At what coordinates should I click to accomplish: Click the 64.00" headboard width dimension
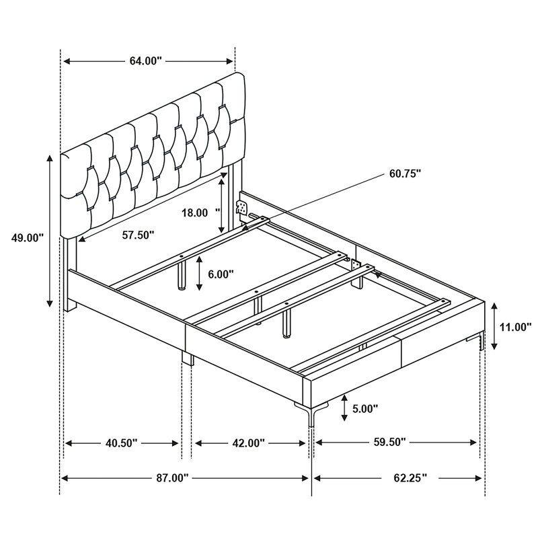[x=145, y=61]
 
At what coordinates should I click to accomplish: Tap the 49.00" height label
[x=28, y=237]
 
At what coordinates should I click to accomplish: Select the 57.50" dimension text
[x=139, y=235]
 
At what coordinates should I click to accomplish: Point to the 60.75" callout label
[x=405, y=174]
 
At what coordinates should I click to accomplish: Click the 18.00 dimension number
[x=194, y=213]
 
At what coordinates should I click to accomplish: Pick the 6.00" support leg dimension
[x=221, y=274]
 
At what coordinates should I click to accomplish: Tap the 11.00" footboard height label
[x=515, y=327]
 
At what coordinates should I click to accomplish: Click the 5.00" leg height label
[x=365, y=409]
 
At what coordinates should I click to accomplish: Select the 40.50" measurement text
[x=122, y=443]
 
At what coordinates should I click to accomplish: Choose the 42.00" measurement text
[x=249, y=443]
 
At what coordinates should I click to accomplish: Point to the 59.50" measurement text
[x=390, y=442]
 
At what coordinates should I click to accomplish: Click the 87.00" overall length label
[x=173, y=478]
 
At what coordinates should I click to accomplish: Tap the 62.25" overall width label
[x=410, y=478]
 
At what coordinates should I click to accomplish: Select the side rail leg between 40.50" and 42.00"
[x=188, y=358]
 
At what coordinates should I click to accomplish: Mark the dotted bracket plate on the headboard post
[x=242, y=207]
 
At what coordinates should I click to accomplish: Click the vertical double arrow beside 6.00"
[x=199, y=274]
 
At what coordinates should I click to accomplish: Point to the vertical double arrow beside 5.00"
[x=344, y=408]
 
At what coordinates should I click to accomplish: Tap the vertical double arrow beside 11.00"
[x=494, y=326]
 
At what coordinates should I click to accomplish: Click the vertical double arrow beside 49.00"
[x=50, y=231]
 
